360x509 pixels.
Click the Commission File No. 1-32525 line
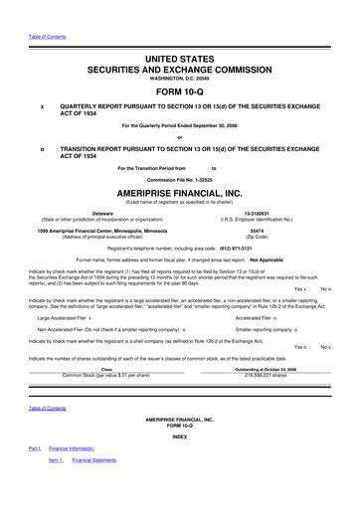pos(181,178)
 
